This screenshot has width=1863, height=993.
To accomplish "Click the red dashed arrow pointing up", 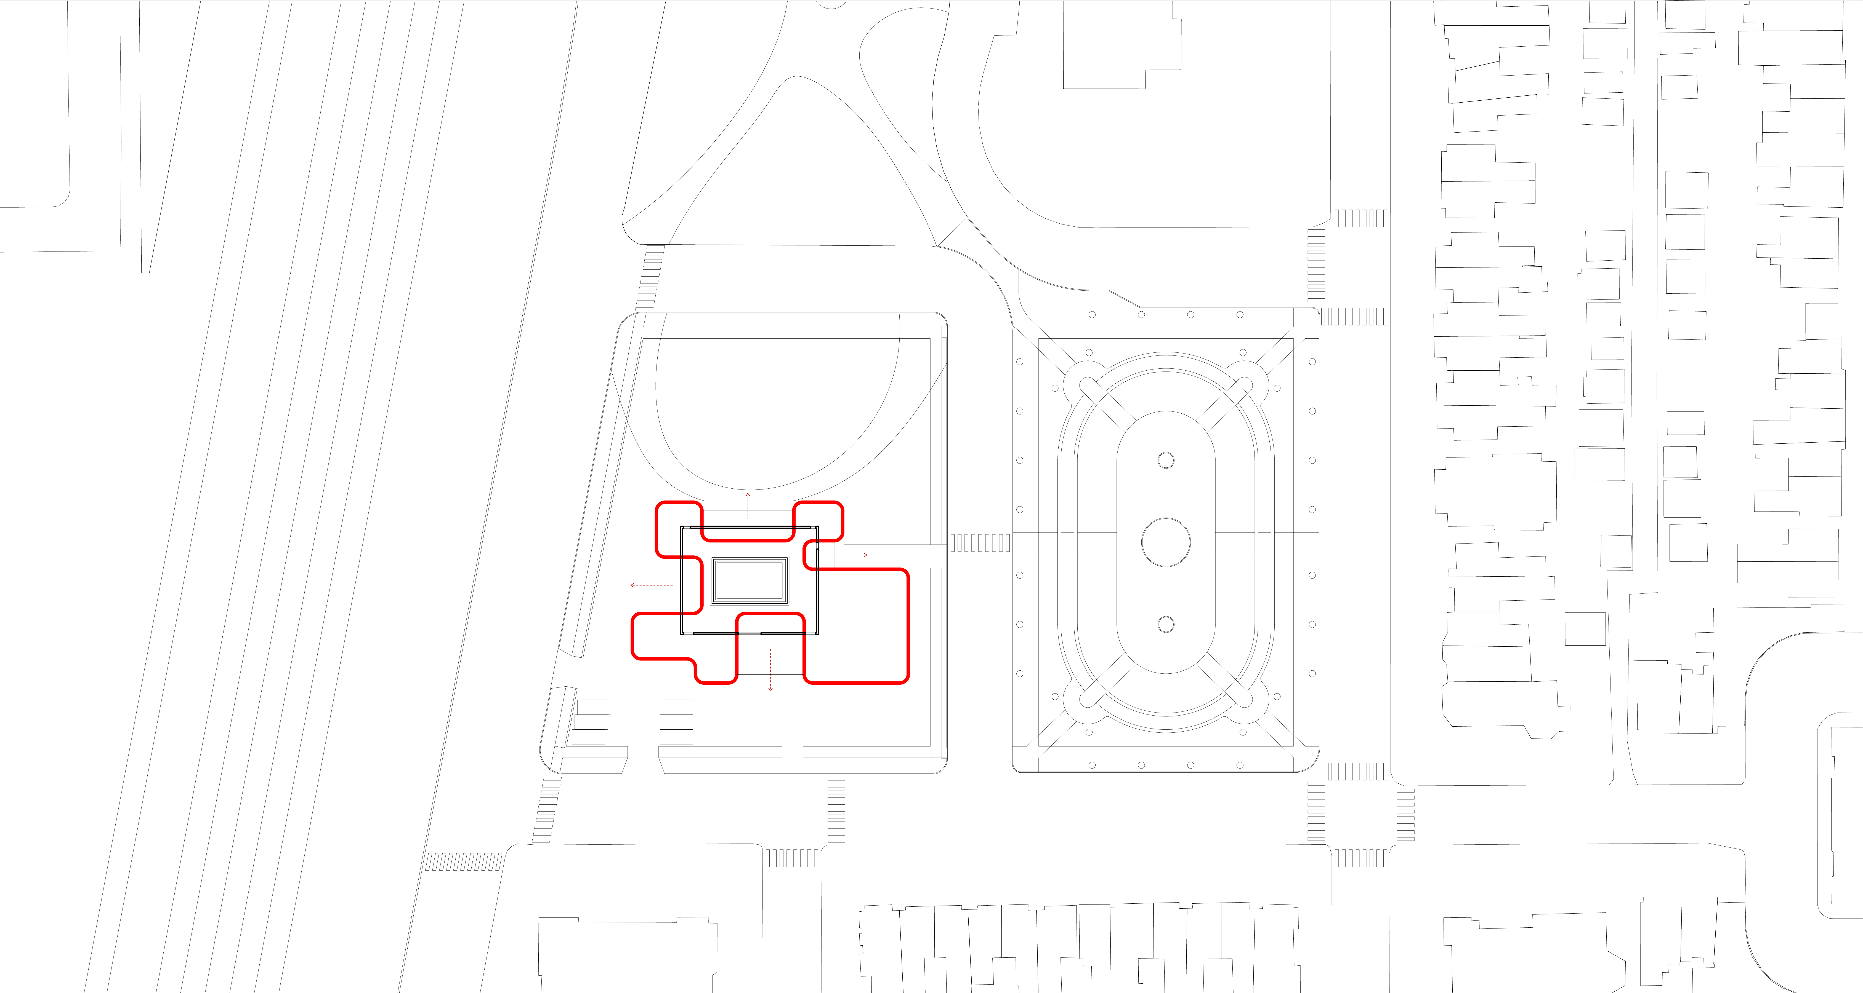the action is coord(748,506).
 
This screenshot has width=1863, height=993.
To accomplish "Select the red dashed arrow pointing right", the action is coord(846,555).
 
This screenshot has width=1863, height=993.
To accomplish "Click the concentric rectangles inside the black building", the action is coord(749,580).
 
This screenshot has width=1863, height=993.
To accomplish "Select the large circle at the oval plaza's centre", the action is coord(1166,542).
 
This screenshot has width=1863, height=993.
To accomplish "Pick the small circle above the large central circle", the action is coord(1166,460).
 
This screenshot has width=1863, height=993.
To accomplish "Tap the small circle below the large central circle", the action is coord(1166,624).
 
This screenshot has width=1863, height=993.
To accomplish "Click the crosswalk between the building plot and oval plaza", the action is coord(980,543).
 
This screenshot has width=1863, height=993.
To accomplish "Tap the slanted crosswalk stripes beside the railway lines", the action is coord(463,861).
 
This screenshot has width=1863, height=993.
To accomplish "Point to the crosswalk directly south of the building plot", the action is coord(836,809).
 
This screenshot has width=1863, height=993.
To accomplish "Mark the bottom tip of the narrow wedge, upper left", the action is coord(145,271).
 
